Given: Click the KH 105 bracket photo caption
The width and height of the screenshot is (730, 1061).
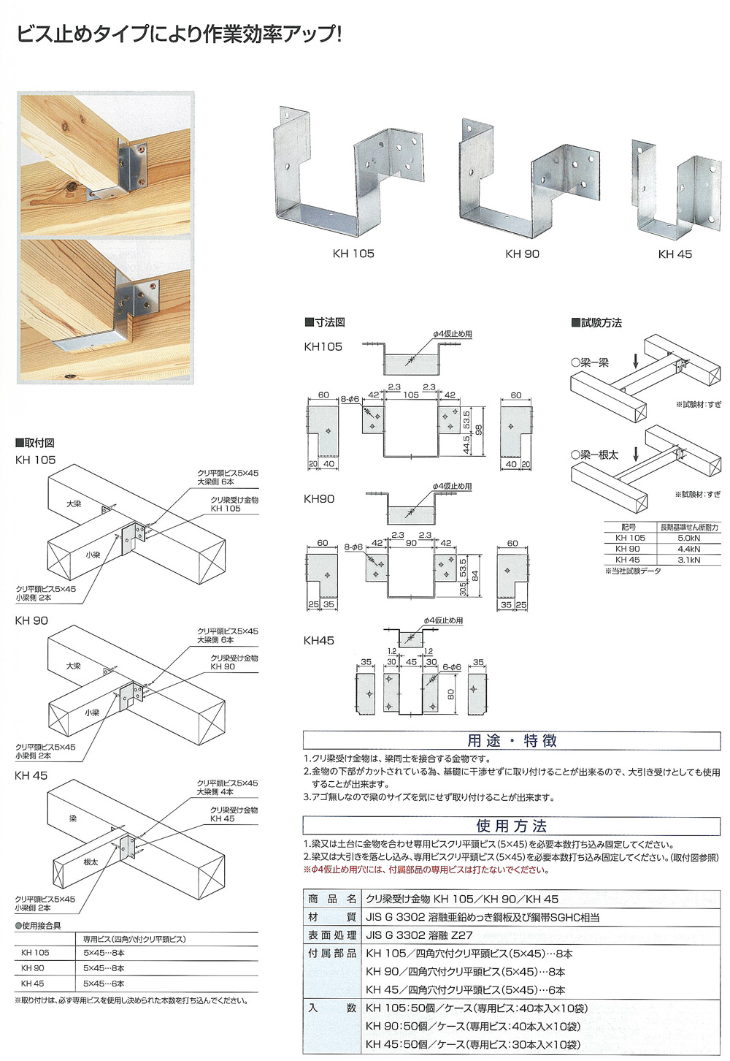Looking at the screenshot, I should pos(353,254).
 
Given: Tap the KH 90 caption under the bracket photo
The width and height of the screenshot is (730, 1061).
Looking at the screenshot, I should pos(522,254).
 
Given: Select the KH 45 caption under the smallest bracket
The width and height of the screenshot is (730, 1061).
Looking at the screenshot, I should pos(675,254).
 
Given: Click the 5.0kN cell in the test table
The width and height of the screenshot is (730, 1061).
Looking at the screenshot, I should pos(688,538).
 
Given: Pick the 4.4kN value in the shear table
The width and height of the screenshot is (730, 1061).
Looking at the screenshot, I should pos(688,549).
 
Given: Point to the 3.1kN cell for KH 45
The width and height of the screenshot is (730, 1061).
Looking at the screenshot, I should pos(688,560).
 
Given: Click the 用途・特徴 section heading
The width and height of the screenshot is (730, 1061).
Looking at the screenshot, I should pos(512,741).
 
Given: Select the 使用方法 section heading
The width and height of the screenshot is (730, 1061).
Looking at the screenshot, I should pos(512,826).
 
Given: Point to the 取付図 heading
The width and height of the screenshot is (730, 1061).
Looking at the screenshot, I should pos(34,443).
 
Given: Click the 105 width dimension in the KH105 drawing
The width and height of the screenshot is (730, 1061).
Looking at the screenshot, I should pos(411,395).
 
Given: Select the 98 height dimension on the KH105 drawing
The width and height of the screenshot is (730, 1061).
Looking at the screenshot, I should pos(479,430).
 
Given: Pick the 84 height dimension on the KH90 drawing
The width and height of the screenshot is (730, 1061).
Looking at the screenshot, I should pos(474,575).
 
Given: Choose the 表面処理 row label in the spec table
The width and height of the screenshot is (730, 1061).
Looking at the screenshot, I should pos(332,935).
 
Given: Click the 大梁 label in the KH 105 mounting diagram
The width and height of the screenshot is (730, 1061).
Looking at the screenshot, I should pos(73,504).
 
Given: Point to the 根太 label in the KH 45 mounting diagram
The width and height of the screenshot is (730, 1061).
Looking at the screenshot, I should pos(91,862).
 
